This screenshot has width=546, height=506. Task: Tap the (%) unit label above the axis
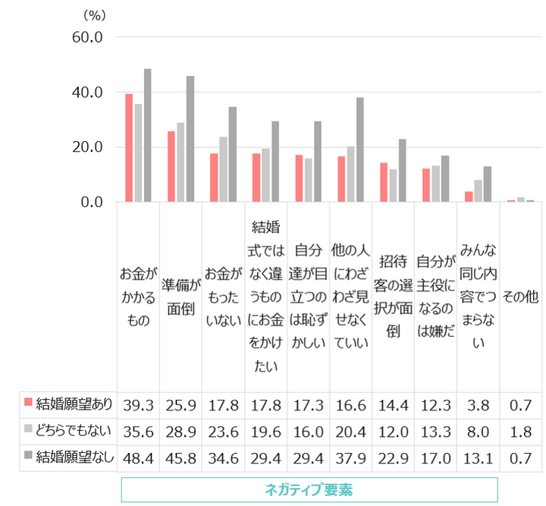[93, 14]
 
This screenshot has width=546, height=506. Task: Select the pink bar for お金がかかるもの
[129, 148]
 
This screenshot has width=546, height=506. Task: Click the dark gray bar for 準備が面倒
[190, 139]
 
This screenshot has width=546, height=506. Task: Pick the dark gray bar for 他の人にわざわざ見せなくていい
[360, 149]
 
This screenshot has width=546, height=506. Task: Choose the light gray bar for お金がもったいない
[224, 169]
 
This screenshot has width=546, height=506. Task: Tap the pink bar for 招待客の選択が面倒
[384, 182]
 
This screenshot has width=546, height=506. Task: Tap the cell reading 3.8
[478, 404]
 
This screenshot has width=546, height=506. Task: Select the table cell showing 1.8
[520, 430]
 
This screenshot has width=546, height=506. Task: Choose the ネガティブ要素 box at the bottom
[309, 489]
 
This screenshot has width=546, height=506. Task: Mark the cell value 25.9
[180, 404]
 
